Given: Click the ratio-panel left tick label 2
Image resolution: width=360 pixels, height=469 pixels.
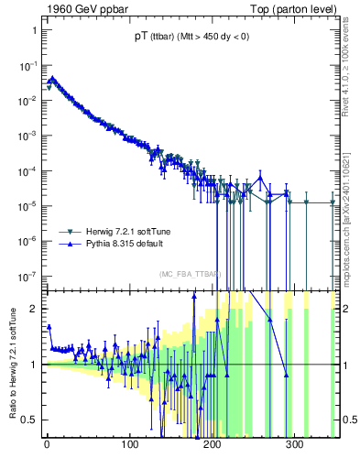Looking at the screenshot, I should (x=34, y=309).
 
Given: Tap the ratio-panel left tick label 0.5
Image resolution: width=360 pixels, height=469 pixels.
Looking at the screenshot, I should (x=30, y=420).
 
